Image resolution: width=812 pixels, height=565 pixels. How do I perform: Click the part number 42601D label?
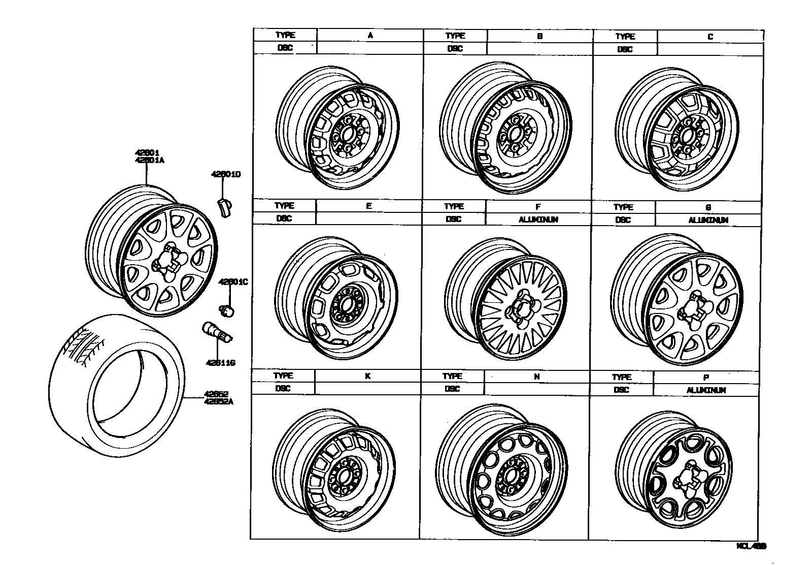click(x=226, y=175)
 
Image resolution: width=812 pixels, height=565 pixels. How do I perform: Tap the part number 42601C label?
click(x=233, y=282)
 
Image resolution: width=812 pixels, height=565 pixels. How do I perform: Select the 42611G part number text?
click(x=221, y=363)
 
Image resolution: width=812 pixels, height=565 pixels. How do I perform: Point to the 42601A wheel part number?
click(x=150, y=160)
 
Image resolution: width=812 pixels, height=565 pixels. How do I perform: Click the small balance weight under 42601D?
click(x=224, y=207)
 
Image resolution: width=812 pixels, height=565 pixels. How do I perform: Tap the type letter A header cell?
click(x=370, y=35)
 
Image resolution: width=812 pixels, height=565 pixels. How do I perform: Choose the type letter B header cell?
click(x=540, y=36)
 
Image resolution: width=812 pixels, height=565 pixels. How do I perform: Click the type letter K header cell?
click(x=368, y=376)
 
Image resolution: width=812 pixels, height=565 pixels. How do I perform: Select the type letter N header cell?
click(x=537, y=377)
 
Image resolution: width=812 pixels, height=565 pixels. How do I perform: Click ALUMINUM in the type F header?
click(x=538, y=219)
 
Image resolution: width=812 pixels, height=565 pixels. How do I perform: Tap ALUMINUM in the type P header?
click(x=706, y=390)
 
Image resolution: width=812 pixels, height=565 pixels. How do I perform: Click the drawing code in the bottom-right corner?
click(x=751, y=546)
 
